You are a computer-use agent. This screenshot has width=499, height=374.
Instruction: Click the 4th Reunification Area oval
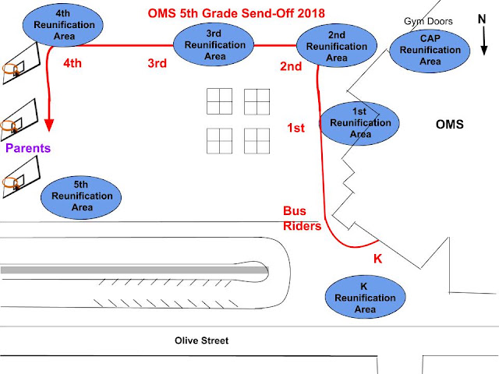pyautogui.click(x=63, y=25)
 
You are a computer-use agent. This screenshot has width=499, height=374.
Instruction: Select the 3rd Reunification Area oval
pyautogui.click(x=214, y=44)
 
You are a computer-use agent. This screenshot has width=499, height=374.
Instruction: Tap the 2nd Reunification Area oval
pyautogui.click(x=337, y=45)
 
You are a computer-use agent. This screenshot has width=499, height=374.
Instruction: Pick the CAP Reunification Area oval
pyautogui.click(x=430, y=50)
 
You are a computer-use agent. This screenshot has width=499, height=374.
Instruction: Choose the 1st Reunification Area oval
pyautogui.click(x=359, y=123)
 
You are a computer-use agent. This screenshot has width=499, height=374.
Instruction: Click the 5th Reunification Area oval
pyautogui.click(x=81, y=197)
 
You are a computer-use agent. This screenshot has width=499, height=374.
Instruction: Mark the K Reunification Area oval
pyautogui.click(x=366, y=297)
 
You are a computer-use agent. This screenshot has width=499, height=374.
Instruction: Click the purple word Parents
pyautogui.click(x=28, y=148)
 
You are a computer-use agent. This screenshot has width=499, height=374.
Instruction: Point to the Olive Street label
pyautogui.click(x=201, y=340)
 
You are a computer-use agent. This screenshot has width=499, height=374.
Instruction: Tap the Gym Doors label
pyautogui.click(x=428, y=21)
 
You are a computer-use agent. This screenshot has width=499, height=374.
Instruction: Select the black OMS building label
pyautogui.click(x=449, y=125)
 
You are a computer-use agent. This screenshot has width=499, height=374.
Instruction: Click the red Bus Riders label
pyautogui.click(x=302, y=218)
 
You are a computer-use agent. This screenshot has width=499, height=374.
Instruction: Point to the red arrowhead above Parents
pyautogui.click(x=49, y=125)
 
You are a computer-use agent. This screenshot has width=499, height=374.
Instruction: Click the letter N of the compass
pyautogui.click(x=482, y=19)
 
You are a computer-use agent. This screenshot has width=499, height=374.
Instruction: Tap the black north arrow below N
pyautogui.click(x=484, y=41)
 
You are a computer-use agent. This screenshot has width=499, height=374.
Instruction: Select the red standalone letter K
pyautogui.click(x=377, y=259)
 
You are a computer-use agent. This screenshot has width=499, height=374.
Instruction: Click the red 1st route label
pyautogui.click(x=296, y=128)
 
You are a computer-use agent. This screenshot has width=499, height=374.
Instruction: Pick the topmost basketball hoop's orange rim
pyautogui.click(x=10, y=69)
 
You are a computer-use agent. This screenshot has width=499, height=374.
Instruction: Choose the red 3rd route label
pyautogui.click(x=157, y=63)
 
